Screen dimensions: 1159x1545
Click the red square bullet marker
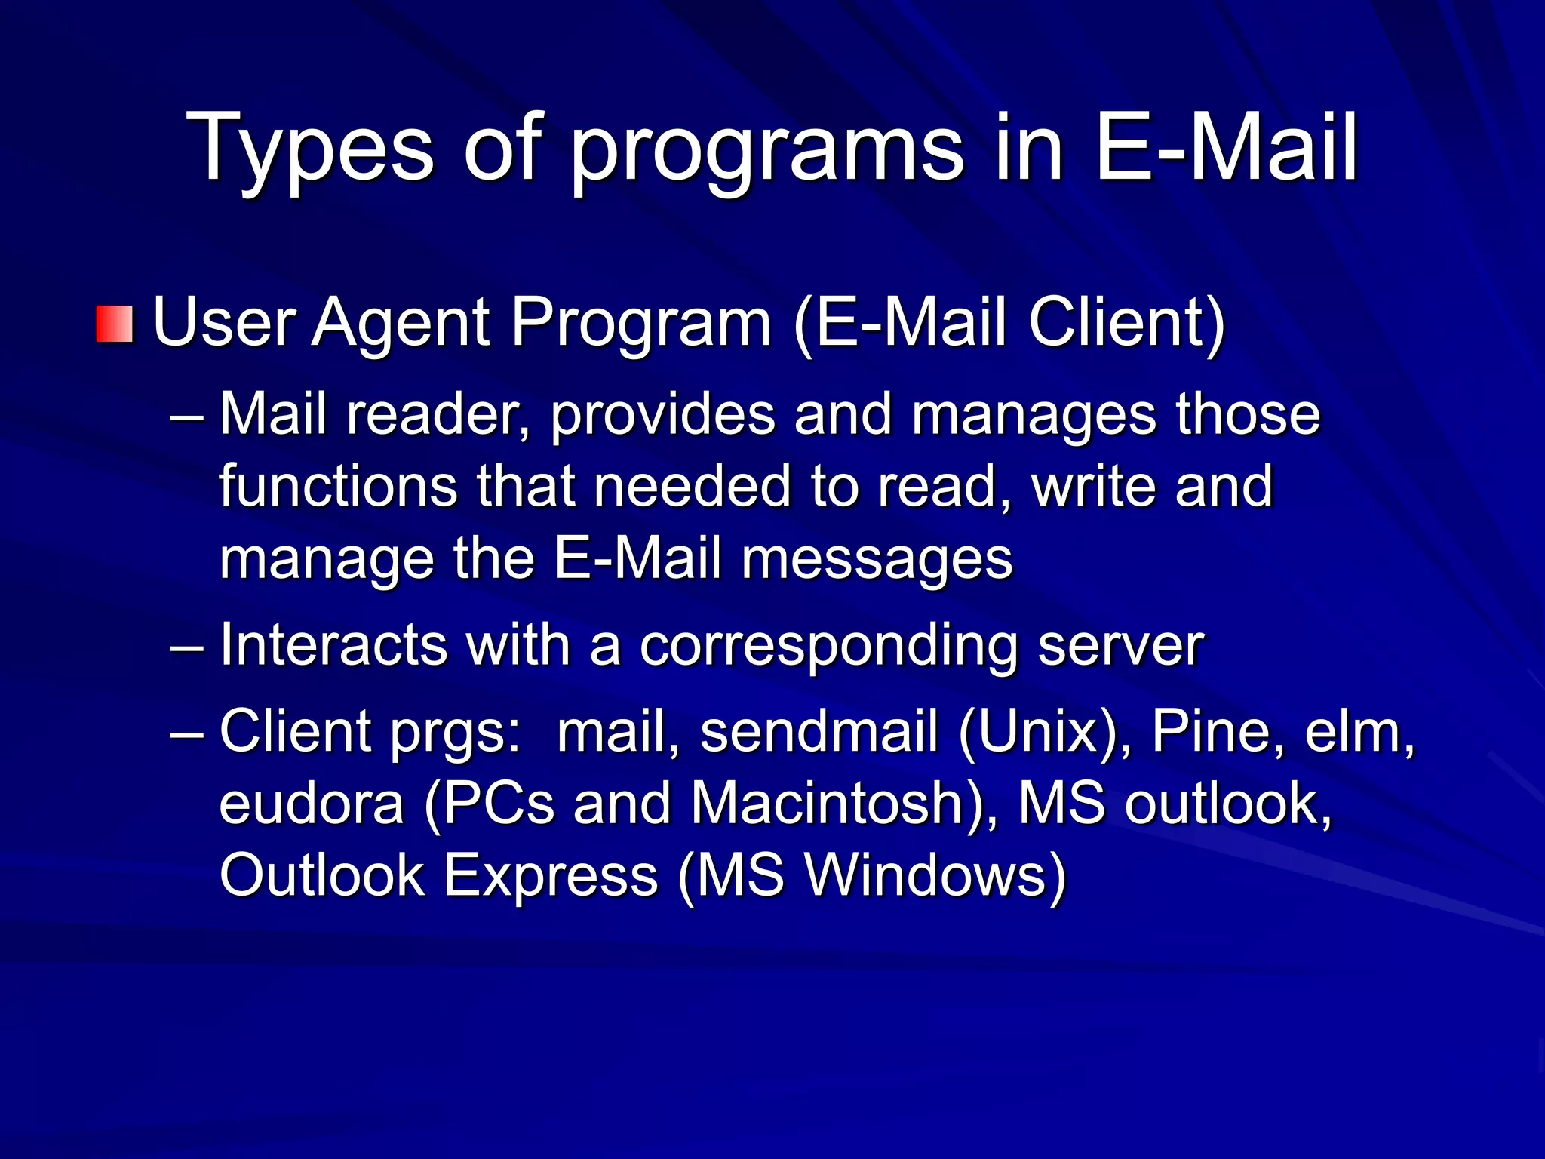coord(115,324)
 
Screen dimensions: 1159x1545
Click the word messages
coord(877,558)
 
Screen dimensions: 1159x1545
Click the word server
coord(1121,645)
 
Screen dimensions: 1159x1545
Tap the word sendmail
coord(819,731)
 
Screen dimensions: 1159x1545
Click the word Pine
coord(1210,731)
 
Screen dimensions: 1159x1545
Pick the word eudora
coord(312,803)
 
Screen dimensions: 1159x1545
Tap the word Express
coord(551,875)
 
